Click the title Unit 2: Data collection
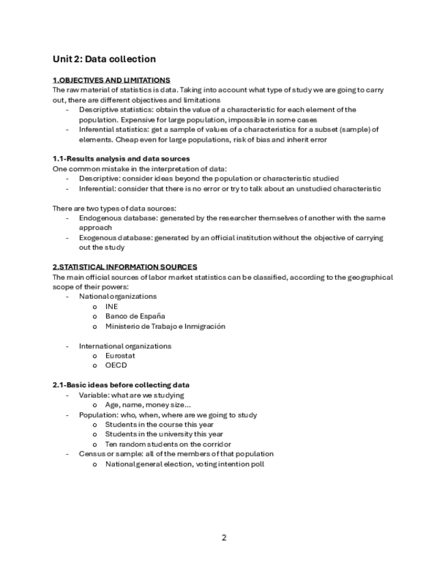(104, 60)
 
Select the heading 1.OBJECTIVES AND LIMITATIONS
(111, 80)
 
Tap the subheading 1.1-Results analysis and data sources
(121, 159)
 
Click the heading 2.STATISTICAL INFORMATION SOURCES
(124, 267)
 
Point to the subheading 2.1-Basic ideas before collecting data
(121, 385)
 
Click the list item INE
(111, 306)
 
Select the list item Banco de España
(135, 316)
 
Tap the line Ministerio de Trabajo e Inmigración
(165, 326)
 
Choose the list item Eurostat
(120, 356)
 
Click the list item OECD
(116, 365)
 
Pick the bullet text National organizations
(118, 297)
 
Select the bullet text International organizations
(125, 346)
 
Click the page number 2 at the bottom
(224, 538)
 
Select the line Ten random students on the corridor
(166, 445)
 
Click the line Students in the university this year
(164, 434)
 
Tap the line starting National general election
(185, 464)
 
